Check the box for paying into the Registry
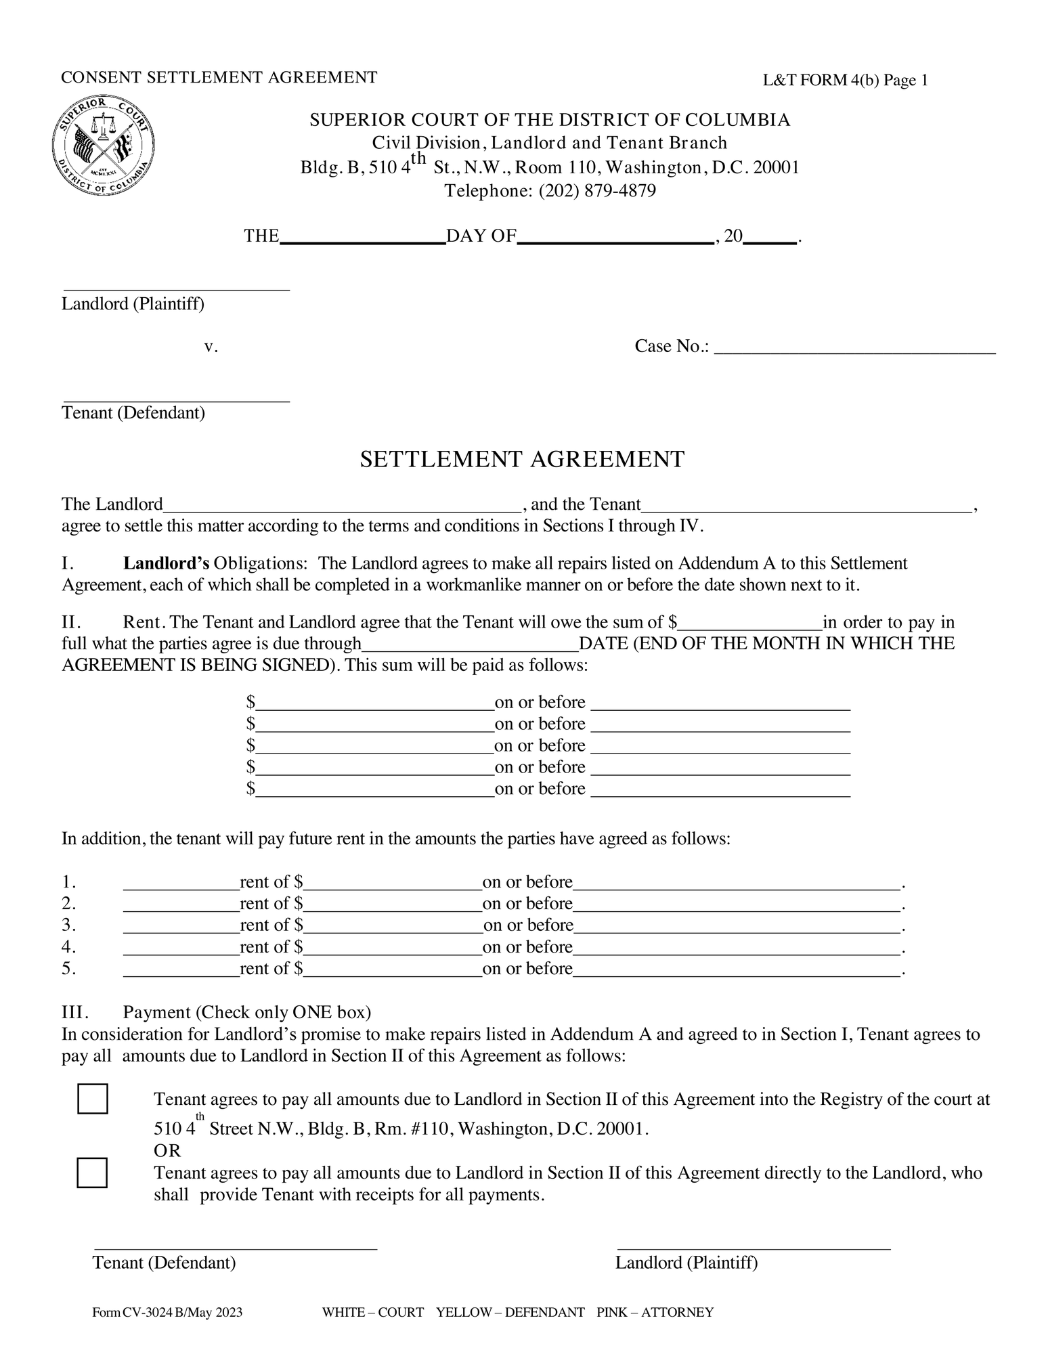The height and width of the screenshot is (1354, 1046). (x=92, y=1099)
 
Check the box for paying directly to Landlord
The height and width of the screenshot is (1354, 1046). (x=92, y=1173)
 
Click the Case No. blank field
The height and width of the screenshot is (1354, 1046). (x=854, y=348)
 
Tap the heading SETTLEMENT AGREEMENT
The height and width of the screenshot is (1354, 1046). (x=522, y=460)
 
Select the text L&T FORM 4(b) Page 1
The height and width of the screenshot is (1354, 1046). (x=845, y=81)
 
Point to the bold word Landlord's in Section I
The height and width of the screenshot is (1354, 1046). (x=165, y=563)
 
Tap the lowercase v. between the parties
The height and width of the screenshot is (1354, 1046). (x=211, y=347)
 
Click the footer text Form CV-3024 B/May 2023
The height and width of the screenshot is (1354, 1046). (x=167, y=1313)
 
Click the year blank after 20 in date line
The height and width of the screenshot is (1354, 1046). (x=769, y=238)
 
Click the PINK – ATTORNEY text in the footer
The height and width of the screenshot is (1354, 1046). (x=655, y=1313)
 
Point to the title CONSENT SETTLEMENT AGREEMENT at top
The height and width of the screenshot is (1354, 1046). (x=219, y=77)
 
